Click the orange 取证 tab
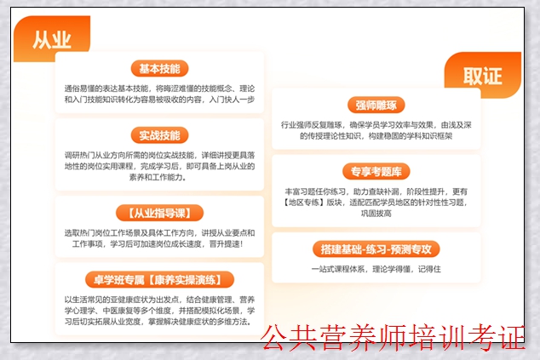[x=482, y=75]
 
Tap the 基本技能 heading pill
[x=159, y=69]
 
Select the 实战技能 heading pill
[x=159, y=135]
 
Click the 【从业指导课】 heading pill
[x=159, y=212]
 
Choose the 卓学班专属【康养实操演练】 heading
[x=159, y=279]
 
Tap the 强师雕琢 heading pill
[x=376, y=106]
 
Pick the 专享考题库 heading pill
[x=376, y=170]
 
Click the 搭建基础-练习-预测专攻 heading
[x=376, y=249]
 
